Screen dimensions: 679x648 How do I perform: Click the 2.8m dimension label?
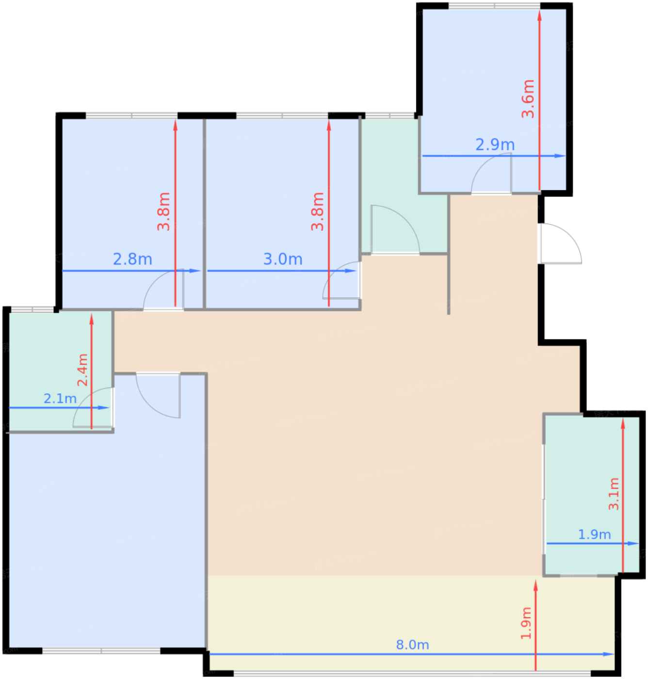pyautogui.click(x=132, y=259)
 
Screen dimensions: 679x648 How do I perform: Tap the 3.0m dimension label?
pyautogui.click(x=283, y=259)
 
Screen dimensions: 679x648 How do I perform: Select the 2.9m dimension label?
pyautogui.click(x=495, y=144)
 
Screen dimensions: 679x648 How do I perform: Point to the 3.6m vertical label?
pyautogui.click(x=528, y=99)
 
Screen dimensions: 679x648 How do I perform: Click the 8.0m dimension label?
pyautogui.click(x=412, y=645)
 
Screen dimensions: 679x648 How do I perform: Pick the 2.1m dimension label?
pyautogui.click(x=60, y=398)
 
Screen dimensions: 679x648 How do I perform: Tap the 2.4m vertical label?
pyautogui.click(x=82, y=370)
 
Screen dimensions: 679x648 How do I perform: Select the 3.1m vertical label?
pyautogui.click(x=614, y=494)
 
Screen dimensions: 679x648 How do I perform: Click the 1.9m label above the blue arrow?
pyautogui.click(x=594, y=534)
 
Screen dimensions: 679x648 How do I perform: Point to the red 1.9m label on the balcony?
pyautogui.click(x=526, y=623)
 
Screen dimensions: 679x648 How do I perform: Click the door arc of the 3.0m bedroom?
pyautogui.click(x=340, y=279)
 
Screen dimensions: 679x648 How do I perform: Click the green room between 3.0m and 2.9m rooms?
pyautogui.click(x=390, y=184)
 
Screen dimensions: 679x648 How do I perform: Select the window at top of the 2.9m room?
pyautogui.click(x=494, y=6)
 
